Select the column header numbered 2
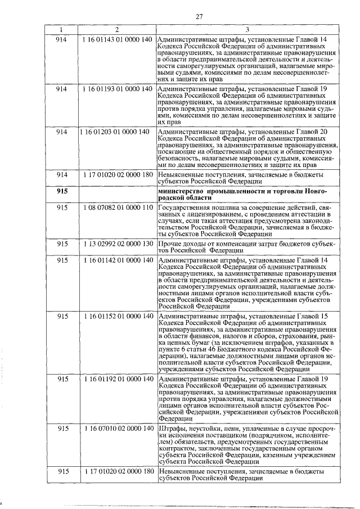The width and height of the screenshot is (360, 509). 116,30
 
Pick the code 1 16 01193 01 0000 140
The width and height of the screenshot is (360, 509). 116,89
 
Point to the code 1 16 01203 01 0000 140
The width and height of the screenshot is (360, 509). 116,132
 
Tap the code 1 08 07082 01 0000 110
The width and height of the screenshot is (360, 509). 116,208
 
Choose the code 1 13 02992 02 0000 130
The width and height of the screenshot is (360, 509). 116,244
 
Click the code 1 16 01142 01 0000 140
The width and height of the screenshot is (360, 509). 116,262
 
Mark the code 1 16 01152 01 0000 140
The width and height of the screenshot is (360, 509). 116,318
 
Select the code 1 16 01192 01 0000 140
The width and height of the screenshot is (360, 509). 116,379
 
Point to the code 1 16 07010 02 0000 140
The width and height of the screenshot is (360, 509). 116,429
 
